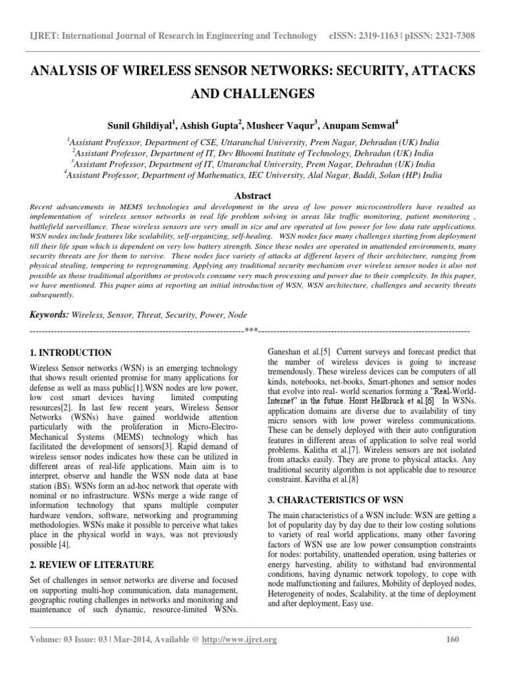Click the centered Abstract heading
[x=253, y=196]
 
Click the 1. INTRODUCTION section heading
[x=72, y=353]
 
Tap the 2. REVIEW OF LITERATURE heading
[x=93, y=565]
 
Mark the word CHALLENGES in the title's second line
[x=253, y=92]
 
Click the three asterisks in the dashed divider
[x=251, y=330]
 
